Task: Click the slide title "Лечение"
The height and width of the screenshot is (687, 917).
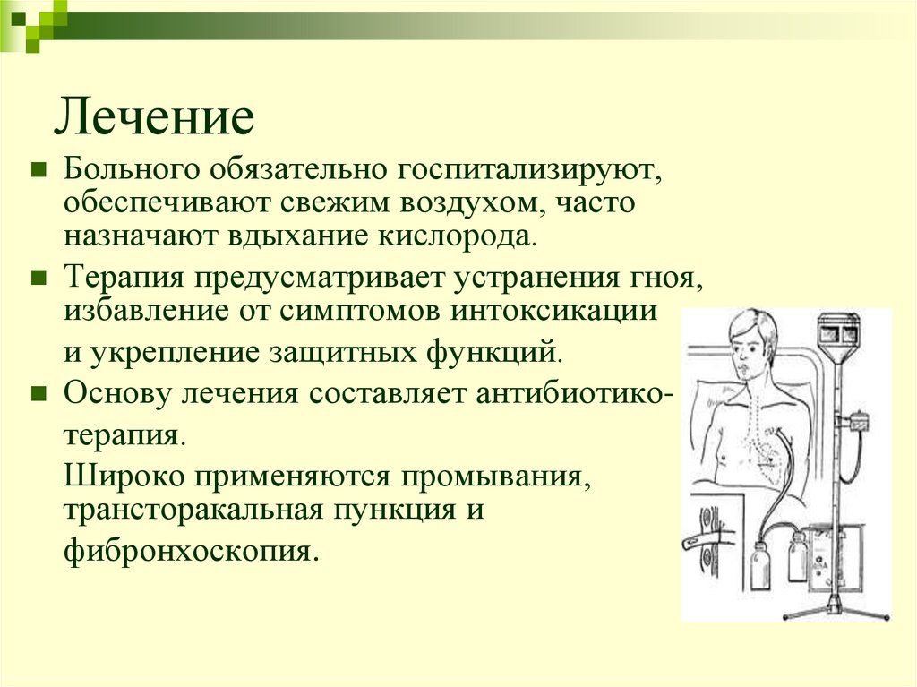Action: pos(155,117)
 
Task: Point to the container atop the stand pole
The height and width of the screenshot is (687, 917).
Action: pos(840,332)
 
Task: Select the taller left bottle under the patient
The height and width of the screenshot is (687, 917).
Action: pos(758,564)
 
